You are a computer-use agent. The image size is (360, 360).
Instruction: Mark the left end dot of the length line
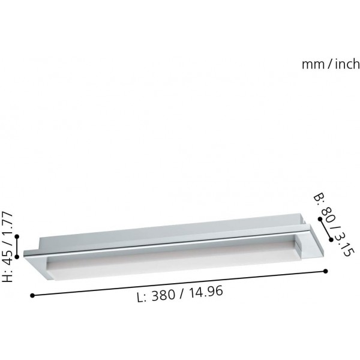tap(32, 295)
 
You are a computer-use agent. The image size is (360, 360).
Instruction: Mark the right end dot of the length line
tap(326, 271)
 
